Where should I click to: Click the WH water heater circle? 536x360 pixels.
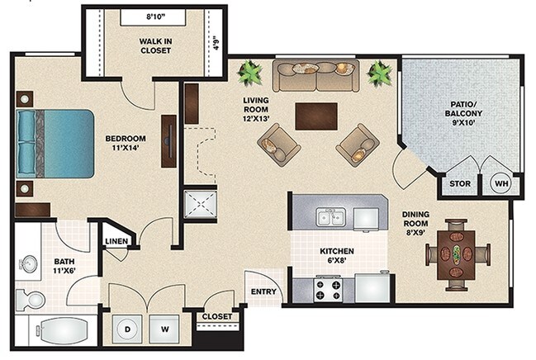(x=501, y=183)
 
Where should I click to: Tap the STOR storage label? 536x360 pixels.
(x=459, y=183)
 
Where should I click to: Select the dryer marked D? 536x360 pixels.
(x=127, y=329)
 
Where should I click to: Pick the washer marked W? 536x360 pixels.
(x=164, y=329)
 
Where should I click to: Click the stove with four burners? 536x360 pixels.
(x=328, y=288)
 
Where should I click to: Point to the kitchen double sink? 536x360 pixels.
(x=330, y=217)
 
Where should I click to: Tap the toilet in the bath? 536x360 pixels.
(x=31, y=300)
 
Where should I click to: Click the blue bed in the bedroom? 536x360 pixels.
(x=55, y=144)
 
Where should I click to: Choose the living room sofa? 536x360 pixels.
(x=315, y=76)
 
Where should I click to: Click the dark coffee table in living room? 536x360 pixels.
(x=316, y=116)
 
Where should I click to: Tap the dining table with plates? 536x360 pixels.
(x=457, y=254)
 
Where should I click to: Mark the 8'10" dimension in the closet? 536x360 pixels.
(x=155, y=17)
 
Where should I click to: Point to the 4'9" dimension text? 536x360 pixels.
(x=216, y=43)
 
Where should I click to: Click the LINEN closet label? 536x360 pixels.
(x=116, y=241)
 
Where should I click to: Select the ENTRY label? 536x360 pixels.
(x=263, y=291)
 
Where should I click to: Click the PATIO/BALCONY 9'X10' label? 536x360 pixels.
(x=463, y=113)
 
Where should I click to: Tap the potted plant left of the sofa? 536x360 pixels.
(x=250, y=73)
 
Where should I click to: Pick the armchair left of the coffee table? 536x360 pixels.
(x=279, y=145)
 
